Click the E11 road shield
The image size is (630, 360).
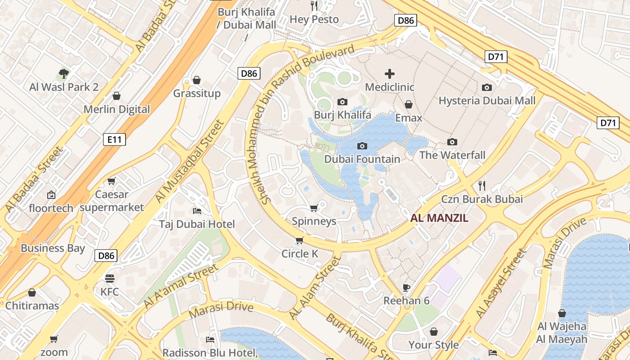click(x=114, y=139)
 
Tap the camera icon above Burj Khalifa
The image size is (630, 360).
click(x=342, y=102)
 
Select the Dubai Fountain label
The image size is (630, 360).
click(x=362, y=159)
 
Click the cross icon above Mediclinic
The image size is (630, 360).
click(x=390, y=74)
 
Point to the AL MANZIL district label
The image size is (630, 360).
click(x=439, y=218)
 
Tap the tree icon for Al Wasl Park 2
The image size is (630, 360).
click(x=64, y=73)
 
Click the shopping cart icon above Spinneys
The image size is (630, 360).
click(x=314, y=208)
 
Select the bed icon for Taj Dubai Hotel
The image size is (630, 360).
click(x=197, y=211)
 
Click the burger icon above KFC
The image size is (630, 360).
click(x=110, y=278)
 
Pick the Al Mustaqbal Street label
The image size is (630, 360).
click(x=189, y=161)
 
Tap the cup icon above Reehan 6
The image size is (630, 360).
click(x=406, y=287)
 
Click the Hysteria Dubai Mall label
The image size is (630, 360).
click(x=487, y=100)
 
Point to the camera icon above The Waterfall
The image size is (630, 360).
click(x=452, y=142)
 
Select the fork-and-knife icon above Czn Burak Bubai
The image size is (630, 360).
click(x=482, y=185)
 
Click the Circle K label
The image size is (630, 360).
click(x=300, y=254)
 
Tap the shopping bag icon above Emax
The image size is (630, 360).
click(x=409, y=104)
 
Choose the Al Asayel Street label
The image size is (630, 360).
click(x=501, y=283)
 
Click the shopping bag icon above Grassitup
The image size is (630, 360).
click(x=197, y=80)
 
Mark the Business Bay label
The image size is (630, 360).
click(x=53, y=248)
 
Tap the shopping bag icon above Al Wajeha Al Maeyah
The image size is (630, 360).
click(x=562, y=313)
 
